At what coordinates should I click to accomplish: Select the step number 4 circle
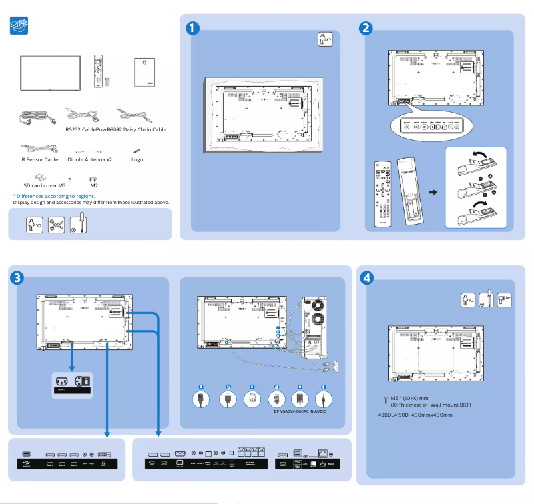click(x=366, y=277)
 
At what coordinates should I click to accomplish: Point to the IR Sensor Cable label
click(x=39, y=160)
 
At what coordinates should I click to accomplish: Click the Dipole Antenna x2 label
click(x=89, y=160)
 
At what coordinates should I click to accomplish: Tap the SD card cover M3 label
click(x=44, y=186)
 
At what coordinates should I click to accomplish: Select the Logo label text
click(x=136, y=160)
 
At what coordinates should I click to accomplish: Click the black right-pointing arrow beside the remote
click(x=433, y=193)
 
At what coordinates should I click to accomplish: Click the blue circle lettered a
click(x=200, y=386)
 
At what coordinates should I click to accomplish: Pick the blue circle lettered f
click(x=324, y=386)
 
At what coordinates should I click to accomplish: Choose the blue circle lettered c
click(x=252, y=386)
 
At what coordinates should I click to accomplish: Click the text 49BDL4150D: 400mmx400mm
click(x=415, y=415)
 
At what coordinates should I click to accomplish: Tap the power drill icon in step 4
click(x=505, y=300)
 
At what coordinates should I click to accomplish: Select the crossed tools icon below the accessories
click(x=57, y=225)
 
